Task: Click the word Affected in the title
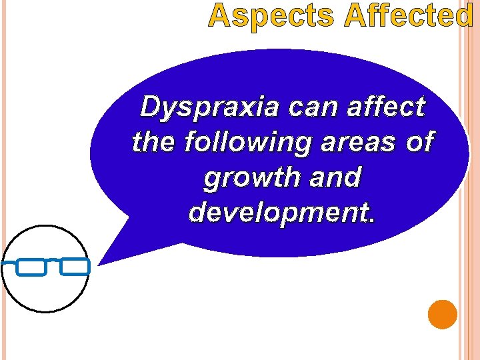(409, 16)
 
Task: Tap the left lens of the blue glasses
(31, 267)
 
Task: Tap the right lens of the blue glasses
(74, 267)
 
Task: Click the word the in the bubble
(153, 141)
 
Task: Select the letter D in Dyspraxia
(150, 107)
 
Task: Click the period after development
(371, 218)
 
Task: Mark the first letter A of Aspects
(219, 16)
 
